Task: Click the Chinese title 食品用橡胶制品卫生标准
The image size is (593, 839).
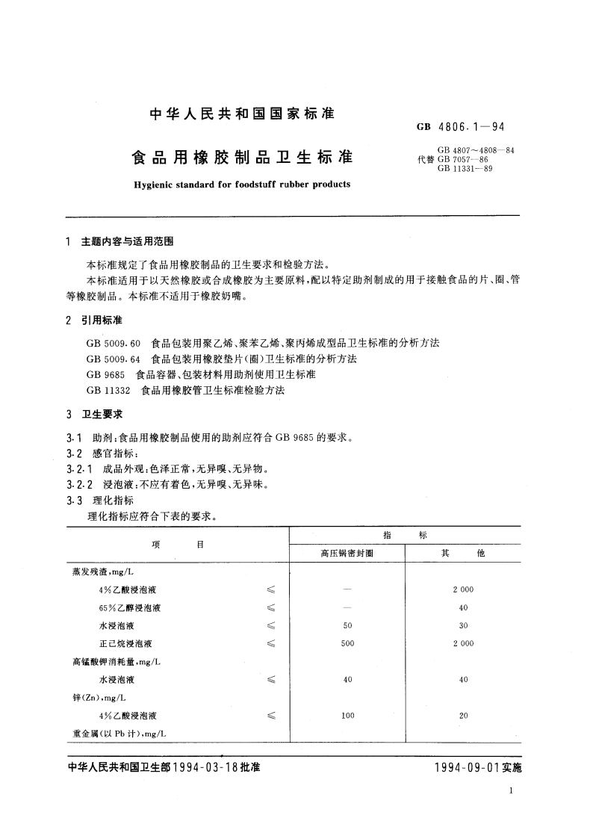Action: pyautogui.click(x=242, y=158)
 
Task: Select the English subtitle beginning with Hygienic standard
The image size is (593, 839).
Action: pyautogui.click(x=241, y=184)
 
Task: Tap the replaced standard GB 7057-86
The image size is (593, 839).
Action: pyautogui.click(x=463, y=159)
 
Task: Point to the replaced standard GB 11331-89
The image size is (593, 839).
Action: pyautogui.click(x=465, y=168)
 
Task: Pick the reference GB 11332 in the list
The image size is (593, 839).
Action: pyautogui.click(x=108, y=390)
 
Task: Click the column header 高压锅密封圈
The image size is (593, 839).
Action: pyautogui.click(x=347, y=554)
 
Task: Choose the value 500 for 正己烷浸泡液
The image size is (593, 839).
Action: pyautogui.click(x=347, y=643)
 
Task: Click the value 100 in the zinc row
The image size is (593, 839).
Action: pyautogui.click(x=347, y=716)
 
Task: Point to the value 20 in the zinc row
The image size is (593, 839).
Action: pyautogui.click(x=463, y=716)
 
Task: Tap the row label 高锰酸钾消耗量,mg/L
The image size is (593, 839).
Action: pyautogui.click(x=117, y=662)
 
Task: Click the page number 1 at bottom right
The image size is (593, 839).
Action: pyautogui.click(x=509, y=791)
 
